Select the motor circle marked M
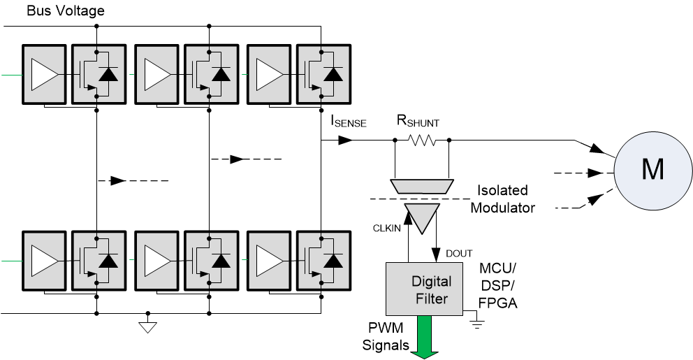[x=652, y=170]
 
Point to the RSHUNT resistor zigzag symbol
[x=422, y=141]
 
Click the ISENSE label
[x=349, y=122]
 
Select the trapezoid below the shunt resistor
[x=422, y=186]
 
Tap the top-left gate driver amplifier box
[x=45, y=75]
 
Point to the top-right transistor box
[x=324, y=75]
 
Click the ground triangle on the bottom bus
[x=147, y=326]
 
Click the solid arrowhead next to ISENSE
[x=344, y=141]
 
